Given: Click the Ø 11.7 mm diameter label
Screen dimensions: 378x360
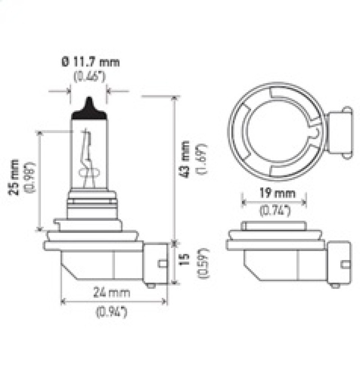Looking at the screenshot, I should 90,62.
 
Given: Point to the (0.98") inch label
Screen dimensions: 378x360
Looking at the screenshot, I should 30,177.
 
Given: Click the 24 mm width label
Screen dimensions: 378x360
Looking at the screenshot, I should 112,293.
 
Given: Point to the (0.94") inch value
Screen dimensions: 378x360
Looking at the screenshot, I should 112,311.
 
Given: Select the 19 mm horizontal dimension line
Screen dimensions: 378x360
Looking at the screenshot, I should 274,202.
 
